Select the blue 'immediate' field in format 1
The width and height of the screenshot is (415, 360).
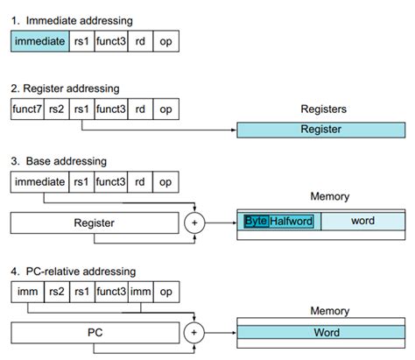pyautogui.click(x=39, y=41)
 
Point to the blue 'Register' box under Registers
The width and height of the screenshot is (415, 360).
pyautogui.click(x=320, y=129)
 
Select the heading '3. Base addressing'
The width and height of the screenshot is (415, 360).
pyautogui.click(x=58, y=160)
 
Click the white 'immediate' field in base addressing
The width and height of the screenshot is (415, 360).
pyautogui.click(x=39, y=183)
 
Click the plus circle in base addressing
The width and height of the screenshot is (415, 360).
pyautogui.click(x=195, y=222)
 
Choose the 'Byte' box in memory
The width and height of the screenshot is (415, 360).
pyautogui.click(x=256, y=221)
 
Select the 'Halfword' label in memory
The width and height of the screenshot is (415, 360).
pyautogui.click(x=291, y=221)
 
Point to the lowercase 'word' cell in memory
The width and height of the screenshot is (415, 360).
pyautogui.click(x=362, y=221)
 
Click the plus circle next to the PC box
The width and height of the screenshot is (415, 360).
pyautogui.click(x=195, y=333)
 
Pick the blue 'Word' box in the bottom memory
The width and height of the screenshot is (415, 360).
pyautogui.click(x=320, y=333)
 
